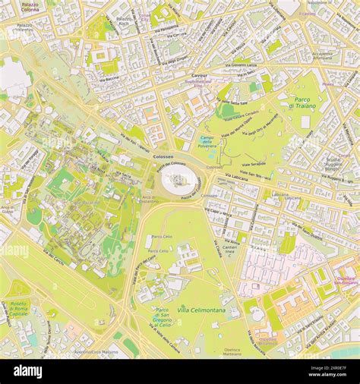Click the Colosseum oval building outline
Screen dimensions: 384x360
(180, 180)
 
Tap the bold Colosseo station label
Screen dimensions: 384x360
(142, 156)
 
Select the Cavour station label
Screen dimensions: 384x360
(199, 76)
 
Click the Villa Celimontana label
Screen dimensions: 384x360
(201, 310)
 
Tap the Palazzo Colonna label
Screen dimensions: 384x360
(30, 7)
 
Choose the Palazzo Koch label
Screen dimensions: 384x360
(125, 20)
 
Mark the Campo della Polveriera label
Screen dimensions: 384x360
(207, 140)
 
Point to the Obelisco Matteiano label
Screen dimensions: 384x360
(232, 351)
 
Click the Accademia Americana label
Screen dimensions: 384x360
(322, 56)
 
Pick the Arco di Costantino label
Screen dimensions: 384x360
(149, 200)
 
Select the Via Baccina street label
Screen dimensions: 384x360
(107, 78)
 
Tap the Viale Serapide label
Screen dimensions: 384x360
(254, 163)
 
